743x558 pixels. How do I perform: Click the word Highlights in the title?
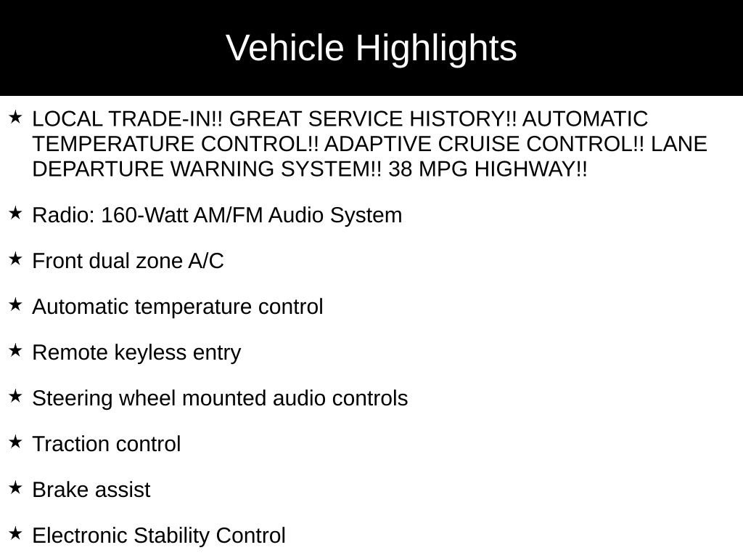click(436, 49)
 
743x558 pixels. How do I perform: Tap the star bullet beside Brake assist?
click(16, 488)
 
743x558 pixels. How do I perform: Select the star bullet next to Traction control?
click(16, 442)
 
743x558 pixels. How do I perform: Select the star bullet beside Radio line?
click(16, 214)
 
